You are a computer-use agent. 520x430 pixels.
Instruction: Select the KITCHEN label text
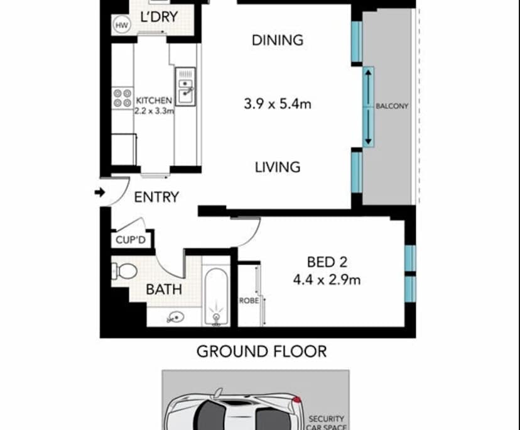[x=153, y=100]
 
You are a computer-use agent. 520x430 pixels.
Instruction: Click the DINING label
[x=277, y=40]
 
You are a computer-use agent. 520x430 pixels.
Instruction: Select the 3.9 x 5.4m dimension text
[x=277, y=104]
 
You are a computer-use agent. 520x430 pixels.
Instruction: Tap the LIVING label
[x=277, y=167]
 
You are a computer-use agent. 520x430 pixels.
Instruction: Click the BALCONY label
[x=392, y=106]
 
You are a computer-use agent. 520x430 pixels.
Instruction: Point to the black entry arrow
[x=99, y=192]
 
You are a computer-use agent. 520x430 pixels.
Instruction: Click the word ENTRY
[x=156, y=197]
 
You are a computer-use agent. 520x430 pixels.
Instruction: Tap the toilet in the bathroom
[x=126, y=272]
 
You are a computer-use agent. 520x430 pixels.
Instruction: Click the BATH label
[x=164, y=290]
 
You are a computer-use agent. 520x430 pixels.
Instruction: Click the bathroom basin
[x=174, y=318]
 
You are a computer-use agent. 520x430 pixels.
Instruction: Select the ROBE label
[x=249, y=300]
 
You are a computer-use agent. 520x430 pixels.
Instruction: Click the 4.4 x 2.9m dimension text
[x=327, y=280]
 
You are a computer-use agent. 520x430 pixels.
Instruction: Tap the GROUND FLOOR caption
[x=262, y=351]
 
